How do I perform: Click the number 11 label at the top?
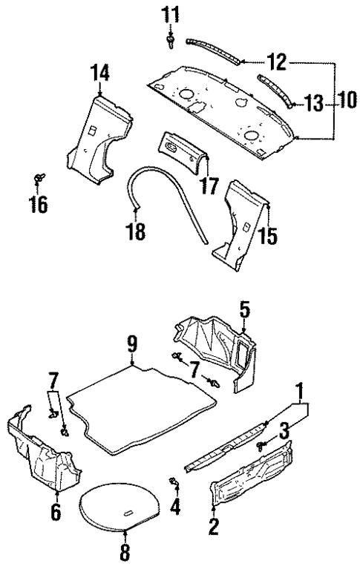click(171, 14)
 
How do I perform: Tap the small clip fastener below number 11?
click(171, 40)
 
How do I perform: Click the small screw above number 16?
click(38, 179)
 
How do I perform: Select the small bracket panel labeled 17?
click(181, 150)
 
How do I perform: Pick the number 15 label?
click(268, 235)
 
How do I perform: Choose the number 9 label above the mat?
click(132, 345)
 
